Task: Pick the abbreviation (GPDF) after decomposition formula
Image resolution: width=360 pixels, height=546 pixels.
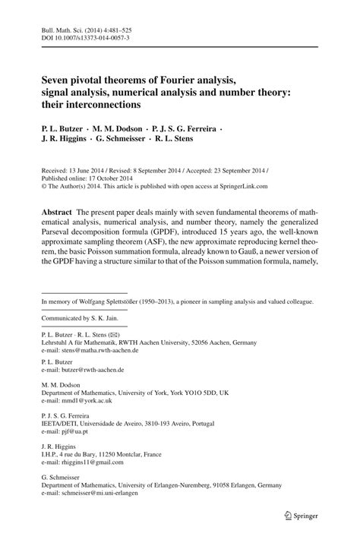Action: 194,233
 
